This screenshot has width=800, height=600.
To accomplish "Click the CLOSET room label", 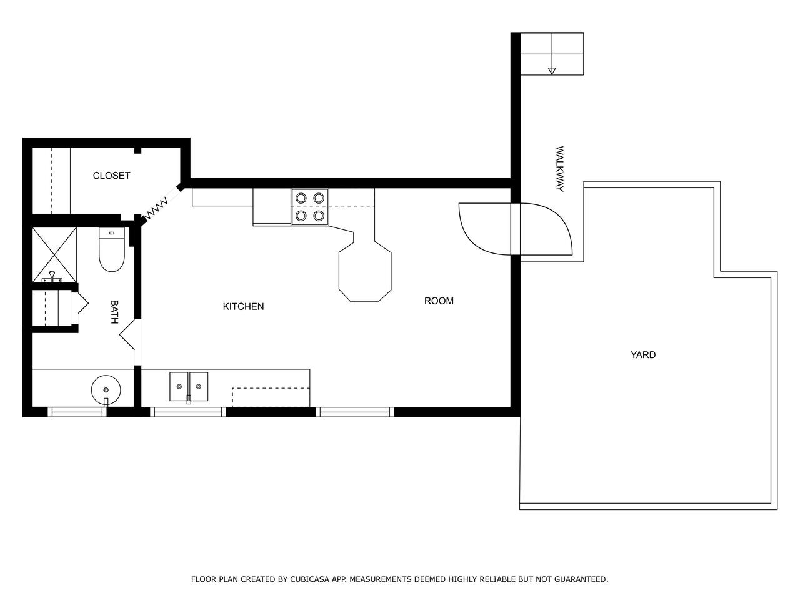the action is pyautogui.click(x=111, y=176).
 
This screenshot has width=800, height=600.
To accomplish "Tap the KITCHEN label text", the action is pyautogui.click(x=243, y=306).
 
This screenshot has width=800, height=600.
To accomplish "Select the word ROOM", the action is pyautogui.click(x=439, y=301).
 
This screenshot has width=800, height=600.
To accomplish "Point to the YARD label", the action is pyautogui.click(x=643, y=355).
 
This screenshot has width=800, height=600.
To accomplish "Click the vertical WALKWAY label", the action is pyautogui.click(x=559, y=169).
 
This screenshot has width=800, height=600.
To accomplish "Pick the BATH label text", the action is pyautogui.click(x=114, y=312).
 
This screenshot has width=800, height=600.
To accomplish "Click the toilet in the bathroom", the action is pyautogui.click(x=112, y=249).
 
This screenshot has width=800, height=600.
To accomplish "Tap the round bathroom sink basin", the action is pyautogui.click(x=106, y=390).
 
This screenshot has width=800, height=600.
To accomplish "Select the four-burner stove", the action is pyautogui.click(x=310, y=207).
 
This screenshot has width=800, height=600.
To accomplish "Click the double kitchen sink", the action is pyautogui.click(x=189, y=387).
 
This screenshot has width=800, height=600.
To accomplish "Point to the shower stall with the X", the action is pyautogui.click(x=54, y=255).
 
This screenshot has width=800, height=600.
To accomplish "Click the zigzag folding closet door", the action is pyautogui.click(x=157, y=209).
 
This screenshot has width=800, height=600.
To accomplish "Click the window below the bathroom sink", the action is pyautogui.click(x=77, y=412).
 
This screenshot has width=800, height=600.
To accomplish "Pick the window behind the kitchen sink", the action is pyautogui.click(x=188, y=412).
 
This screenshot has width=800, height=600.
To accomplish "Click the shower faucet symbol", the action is pyautogui.click(x=52, y=277).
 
